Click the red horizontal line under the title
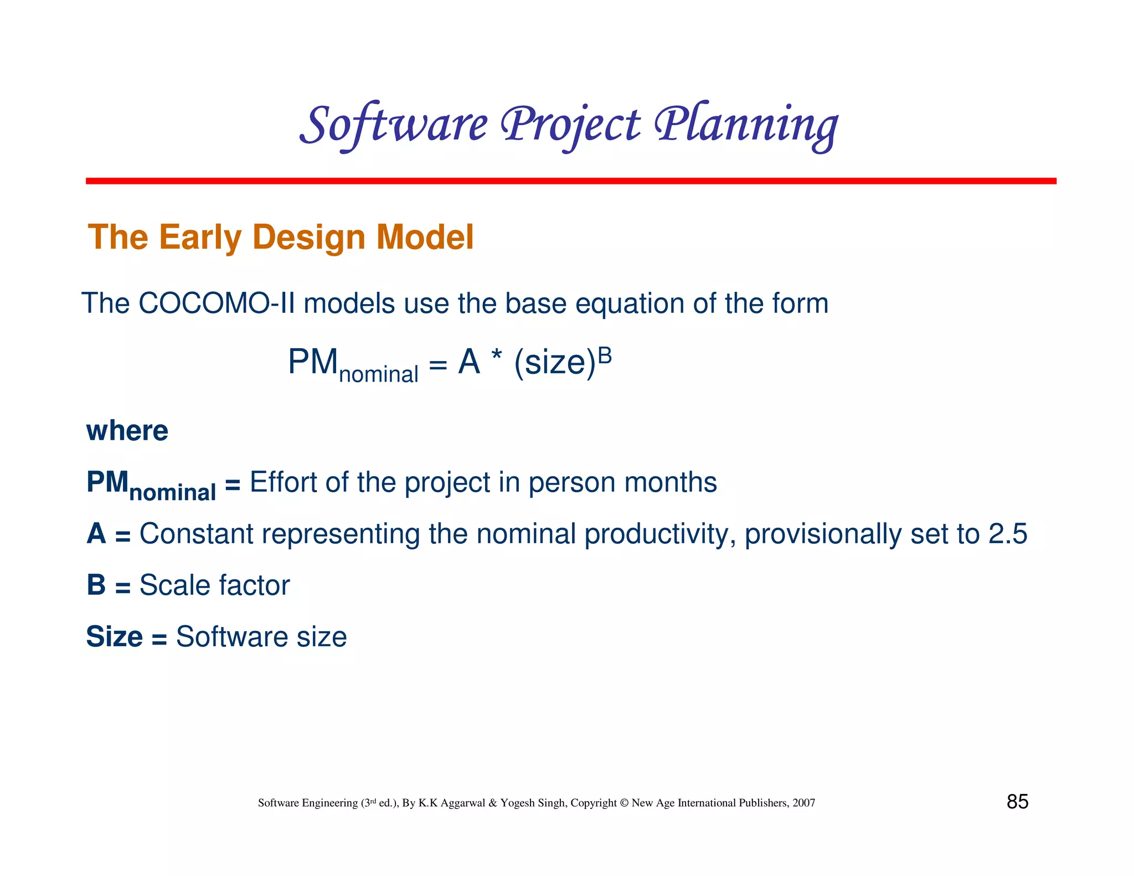(570, 181)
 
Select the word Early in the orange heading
(200, 238)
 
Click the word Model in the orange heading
(425, 238)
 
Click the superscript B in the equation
(605, 355)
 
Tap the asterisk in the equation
(496, 358)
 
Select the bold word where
(127, 431)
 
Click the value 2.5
(1008, 534)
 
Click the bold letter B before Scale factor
(96, 585)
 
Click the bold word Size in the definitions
(114, 637)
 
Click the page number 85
(1017, 802)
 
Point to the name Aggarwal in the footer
(463, 803)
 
